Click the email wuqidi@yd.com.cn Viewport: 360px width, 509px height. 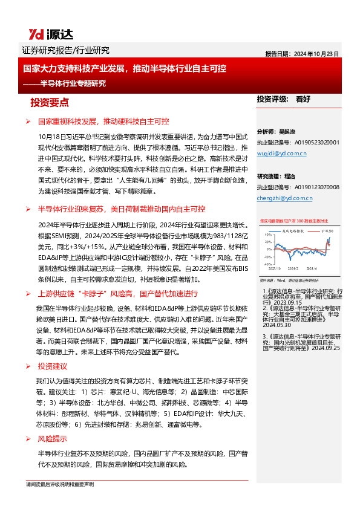tap(282, 154)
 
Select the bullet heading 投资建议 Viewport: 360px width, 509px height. tap(52, 366)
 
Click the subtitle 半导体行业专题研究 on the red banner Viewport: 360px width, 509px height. tap(73, 83)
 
